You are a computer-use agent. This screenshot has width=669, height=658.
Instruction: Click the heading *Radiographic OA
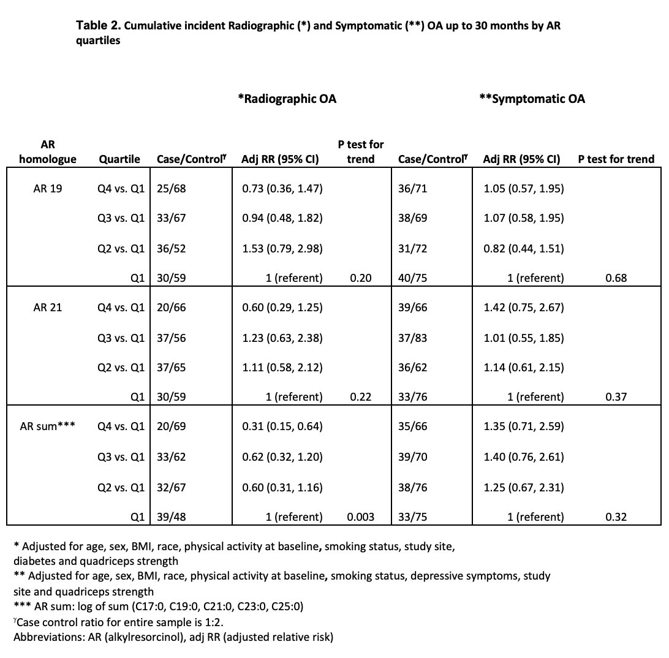coord(287,99)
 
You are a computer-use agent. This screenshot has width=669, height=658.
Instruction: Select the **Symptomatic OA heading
coord(532,99)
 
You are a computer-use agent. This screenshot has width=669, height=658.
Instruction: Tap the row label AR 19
coord(48,189)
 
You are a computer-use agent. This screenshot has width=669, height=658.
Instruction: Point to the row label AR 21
coord(48,308)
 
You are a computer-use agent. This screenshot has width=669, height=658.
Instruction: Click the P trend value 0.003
coord(361,517)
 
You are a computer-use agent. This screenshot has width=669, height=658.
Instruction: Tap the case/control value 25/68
coord(171,189)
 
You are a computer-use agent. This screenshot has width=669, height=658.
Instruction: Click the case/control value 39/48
coord(171,517)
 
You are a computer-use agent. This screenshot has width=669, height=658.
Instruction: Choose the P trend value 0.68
coord(616,278)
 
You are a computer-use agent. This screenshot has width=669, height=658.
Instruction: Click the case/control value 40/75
coord(412,278)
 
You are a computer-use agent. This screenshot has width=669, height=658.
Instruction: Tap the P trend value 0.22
coord(361,397)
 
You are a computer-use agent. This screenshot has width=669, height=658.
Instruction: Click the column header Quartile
coord(119,159)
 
